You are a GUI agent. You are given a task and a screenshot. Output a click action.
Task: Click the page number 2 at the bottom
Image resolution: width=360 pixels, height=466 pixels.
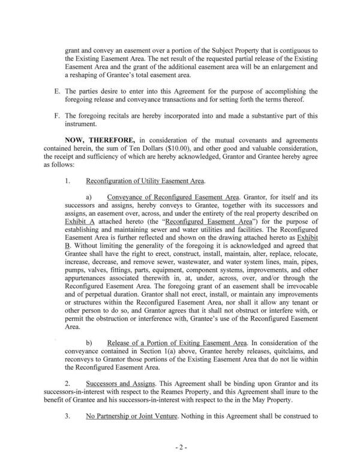point(180,448)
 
